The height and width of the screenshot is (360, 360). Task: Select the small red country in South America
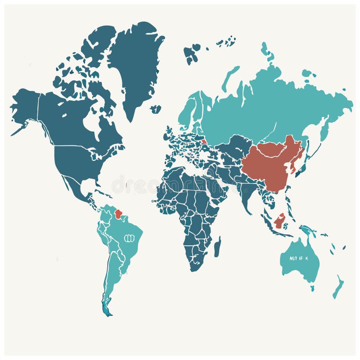coord(119,214)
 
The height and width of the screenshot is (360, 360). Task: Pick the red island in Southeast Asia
coord(280,221)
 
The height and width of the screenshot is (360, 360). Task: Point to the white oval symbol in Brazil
coord(130,238)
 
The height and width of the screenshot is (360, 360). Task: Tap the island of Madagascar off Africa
coord(218,247)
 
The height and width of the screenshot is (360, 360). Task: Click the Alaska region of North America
coord(25,103)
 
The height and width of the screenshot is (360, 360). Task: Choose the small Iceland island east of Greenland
coord(156,109)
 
